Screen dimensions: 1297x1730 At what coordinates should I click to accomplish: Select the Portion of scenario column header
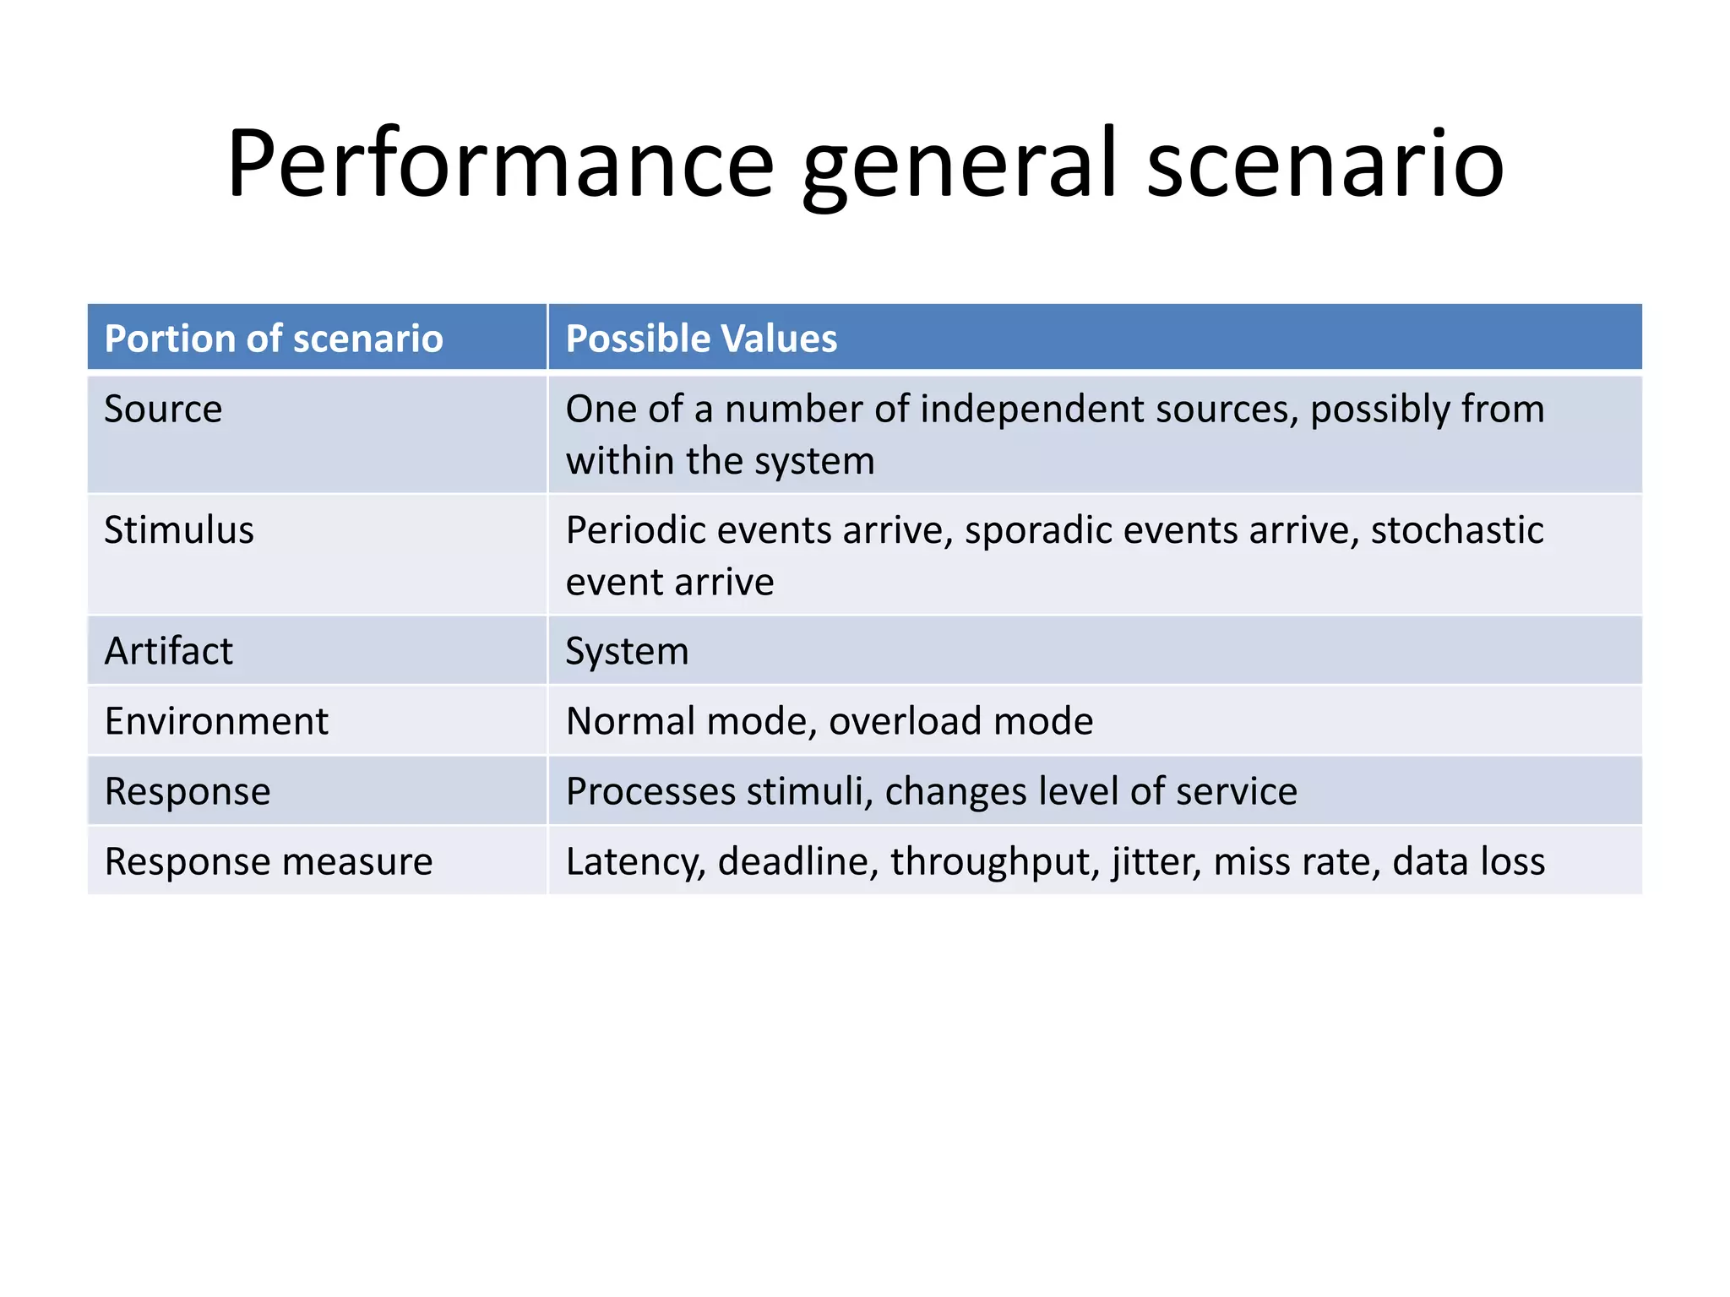tap(274, 339)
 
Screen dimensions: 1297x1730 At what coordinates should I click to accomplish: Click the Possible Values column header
tap(701, 339)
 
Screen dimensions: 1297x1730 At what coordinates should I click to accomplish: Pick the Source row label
tap(163, 410)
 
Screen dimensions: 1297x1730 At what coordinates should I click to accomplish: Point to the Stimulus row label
tap(179, 530)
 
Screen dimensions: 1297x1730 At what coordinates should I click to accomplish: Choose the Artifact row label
tap(168, 651)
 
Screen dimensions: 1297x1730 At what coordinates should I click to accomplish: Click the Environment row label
tap(216, 721)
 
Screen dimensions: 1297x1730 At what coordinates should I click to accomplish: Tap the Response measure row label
tap(269, 862)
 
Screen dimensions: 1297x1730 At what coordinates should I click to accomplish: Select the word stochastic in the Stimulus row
tap(1457, 530)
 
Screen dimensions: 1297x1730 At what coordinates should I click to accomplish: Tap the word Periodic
tap(638, 530)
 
